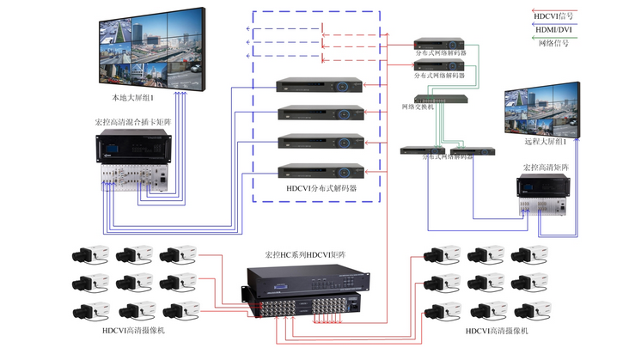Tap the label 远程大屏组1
(x=545, y=140)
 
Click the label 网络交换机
(x=418, y=107)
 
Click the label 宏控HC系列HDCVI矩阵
(x=304, y=255)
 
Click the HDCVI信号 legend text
(x=553, y=15)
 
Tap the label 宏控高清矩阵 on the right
(x=545, y=167)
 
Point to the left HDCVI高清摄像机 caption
(x=128, y=331)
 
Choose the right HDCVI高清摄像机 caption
(x=497, y=331)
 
